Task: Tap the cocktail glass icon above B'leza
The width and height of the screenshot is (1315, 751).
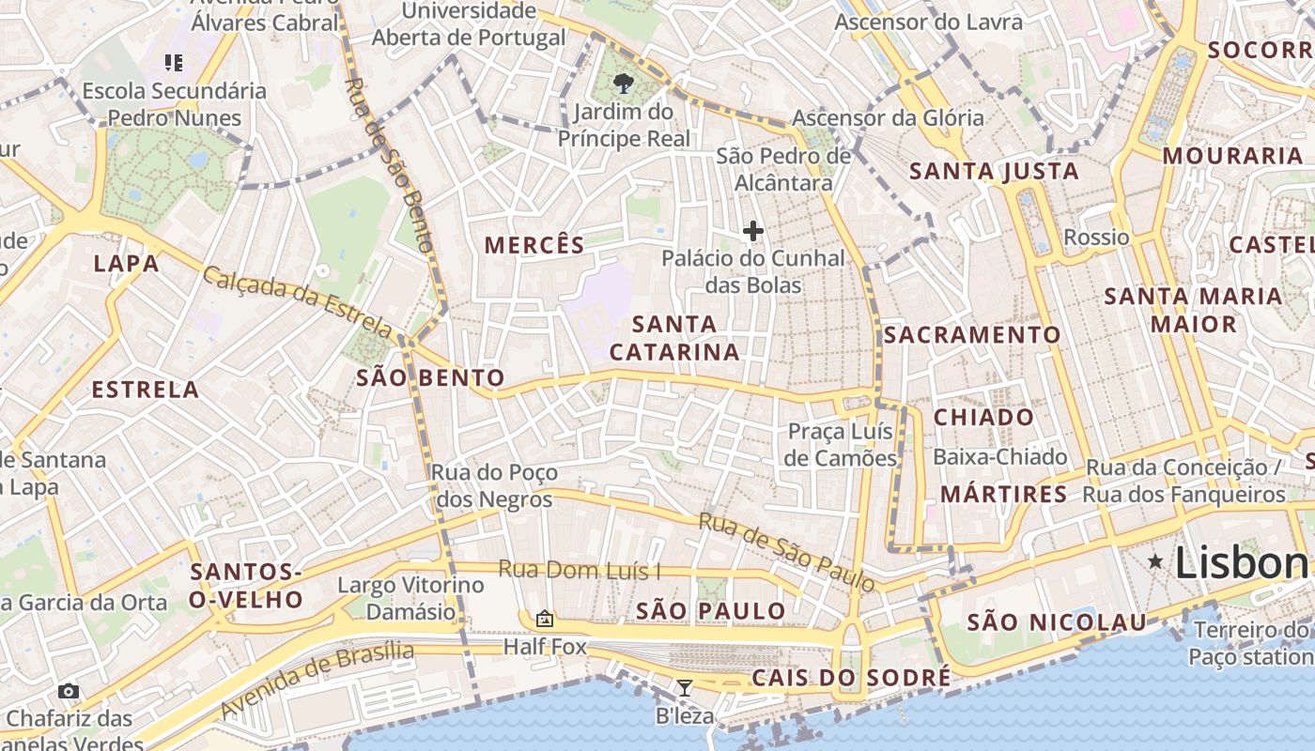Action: tap(685, 688)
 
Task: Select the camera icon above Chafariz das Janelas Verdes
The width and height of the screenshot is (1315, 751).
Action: tap(69, 692)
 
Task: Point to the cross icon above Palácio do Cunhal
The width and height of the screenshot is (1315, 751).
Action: tap(752, 230)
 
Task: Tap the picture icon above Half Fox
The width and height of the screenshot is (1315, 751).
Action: tap(544, 619)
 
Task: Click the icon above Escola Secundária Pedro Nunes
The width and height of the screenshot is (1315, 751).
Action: tap(174, 63)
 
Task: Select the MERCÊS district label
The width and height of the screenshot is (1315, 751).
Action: tap(534, 246)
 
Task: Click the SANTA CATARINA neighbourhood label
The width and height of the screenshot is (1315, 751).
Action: tap(674, 338)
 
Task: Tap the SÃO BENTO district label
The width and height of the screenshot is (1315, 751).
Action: tap(431, 378)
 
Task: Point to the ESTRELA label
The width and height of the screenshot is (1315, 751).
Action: tap(146, 390)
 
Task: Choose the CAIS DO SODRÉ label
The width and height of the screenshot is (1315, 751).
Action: tap(851, 678)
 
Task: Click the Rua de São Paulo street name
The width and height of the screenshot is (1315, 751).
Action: tap(787, 552)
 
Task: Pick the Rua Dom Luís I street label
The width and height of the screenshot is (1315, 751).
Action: tap(580, 569)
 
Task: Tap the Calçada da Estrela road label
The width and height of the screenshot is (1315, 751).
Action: tap(298, 302)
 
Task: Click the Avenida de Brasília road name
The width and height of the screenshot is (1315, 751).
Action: tap(317, 680)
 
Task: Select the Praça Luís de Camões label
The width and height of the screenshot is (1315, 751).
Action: tap(842, 445)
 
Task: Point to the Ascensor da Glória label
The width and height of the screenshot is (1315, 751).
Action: tap(889, 118)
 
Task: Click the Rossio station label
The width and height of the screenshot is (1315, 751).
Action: tap(1096, 238)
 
